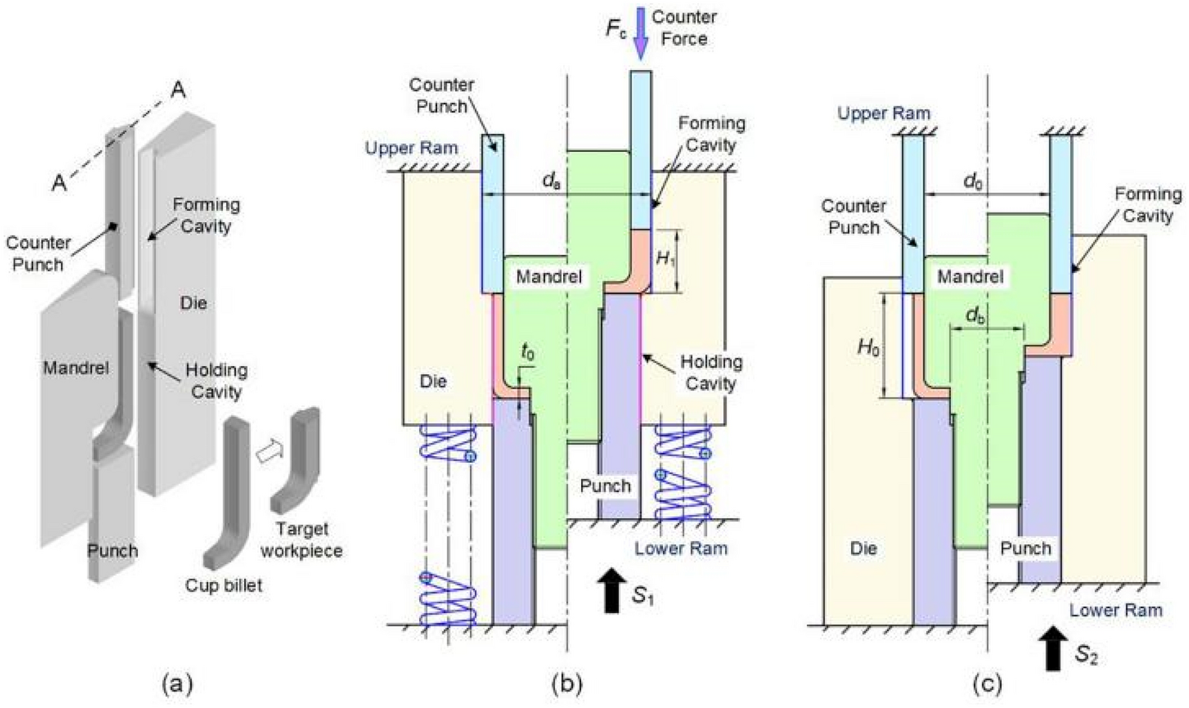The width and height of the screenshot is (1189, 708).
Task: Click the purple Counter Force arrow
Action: pyautogui.click(x=640, y=33)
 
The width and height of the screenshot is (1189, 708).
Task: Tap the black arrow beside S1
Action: pyautogui.click(x=612, y=590)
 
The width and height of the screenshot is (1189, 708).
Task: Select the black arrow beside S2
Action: pyautogui.click(x=1052, y=648)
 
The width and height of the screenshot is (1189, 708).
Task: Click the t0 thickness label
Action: pyautogui.click(x=527, y=353)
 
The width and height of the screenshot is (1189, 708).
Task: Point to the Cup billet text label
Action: pyautogui.click(x=224, y=586)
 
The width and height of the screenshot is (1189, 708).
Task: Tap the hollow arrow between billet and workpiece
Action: pyautogui.click(x=266, y=452)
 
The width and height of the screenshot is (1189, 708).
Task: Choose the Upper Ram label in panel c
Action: pyautogui.click(x=884, y=113)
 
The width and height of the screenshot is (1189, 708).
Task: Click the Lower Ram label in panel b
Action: pyautogui.click(x=681, y=549)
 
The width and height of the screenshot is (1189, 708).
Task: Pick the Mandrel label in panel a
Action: pyautogui.click(x=75, y=367)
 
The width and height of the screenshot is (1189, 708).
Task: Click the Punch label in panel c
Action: pyautogui.click(x=1026, y=549)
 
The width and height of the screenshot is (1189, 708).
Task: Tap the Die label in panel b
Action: pyautogui.click(x=433, y=382)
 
